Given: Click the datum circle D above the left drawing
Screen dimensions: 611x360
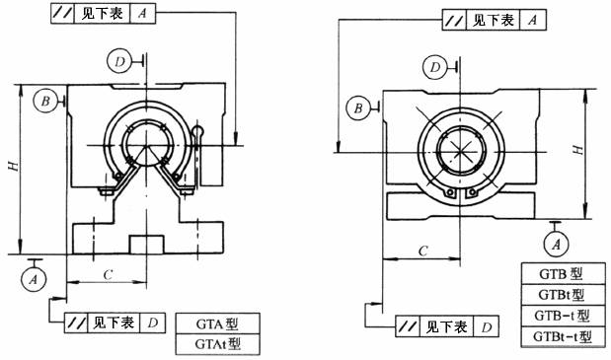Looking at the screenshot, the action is [119, 61].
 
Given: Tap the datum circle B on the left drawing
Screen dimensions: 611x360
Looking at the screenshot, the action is [45, 101].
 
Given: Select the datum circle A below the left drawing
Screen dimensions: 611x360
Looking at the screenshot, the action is [34, 279].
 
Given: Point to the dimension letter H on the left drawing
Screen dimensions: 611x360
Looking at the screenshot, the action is [14, 166].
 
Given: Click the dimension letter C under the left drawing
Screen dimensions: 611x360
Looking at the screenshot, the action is [108, 275].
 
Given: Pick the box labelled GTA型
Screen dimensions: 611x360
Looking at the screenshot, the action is [217, 324].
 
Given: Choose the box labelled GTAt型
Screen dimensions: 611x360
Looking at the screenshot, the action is [217, 344].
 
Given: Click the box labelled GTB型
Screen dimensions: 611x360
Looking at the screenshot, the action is [564, 273].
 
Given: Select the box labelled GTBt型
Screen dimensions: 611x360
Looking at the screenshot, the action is [564, 295].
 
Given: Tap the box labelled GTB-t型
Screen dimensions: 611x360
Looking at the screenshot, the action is [564, 316].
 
